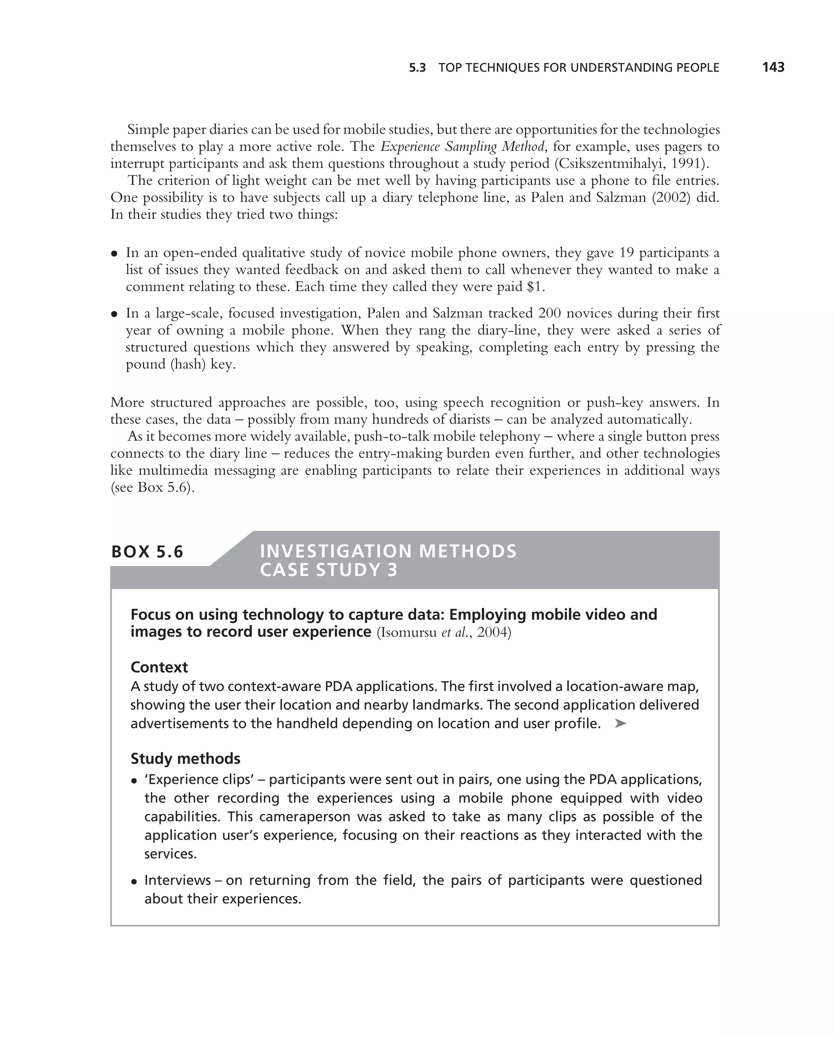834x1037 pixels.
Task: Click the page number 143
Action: pos(773,67)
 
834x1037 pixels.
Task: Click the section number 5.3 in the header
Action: pos(417,68)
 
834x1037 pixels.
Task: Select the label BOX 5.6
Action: pos(147,552)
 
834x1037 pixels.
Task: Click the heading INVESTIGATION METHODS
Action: pos(388,551)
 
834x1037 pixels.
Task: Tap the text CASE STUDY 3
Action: pos(329,570)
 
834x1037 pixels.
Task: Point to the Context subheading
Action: pos(159,667)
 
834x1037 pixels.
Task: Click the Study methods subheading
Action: pos(185,759)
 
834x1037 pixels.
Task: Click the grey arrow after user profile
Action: pos(621,723)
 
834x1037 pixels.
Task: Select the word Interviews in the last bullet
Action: pos(178,880)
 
